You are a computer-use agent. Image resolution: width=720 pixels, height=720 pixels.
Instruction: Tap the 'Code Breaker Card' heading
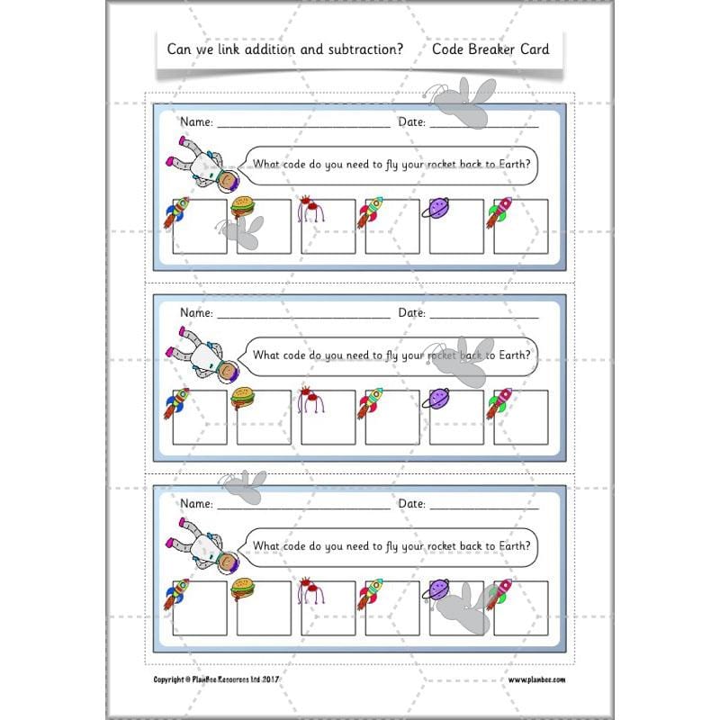pyautogui.click(x=490, y=49)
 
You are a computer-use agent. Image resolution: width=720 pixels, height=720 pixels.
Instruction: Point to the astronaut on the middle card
pyautogui.click(x=202, y=362)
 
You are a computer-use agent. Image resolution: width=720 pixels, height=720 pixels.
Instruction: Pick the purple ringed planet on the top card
pyautogui.click(x=436, y=209)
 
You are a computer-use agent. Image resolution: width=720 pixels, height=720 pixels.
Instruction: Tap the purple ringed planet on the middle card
pyautogui.click(x=436, y=399)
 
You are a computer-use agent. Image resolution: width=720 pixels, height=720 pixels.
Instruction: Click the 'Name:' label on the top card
pyautogui.click(x=196, y=121)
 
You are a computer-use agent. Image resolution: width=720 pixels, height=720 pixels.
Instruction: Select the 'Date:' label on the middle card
pyautogui.click(x=411, y=312)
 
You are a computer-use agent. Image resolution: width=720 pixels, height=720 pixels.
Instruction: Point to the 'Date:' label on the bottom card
pyautogui.click(x=411, y=503)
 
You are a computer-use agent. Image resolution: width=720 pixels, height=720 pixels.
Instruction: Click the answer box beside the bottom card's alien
pyautogui.click(x=328, y=607)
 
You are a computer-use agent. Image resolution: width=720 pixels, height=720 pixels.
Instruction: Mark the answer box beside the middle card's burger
pyautogui.click(x=265, y=418)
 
